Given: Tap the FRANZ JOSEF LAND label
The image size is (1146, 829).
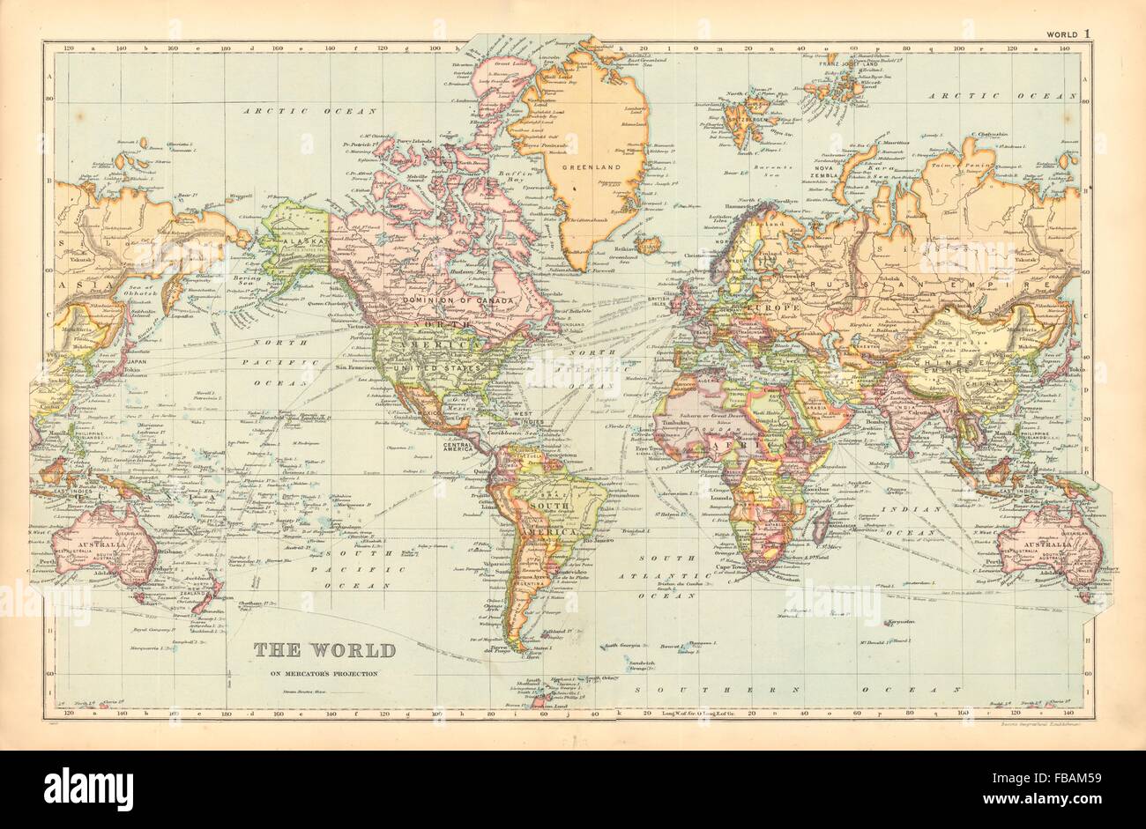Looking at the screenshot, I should coord(850,64).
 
